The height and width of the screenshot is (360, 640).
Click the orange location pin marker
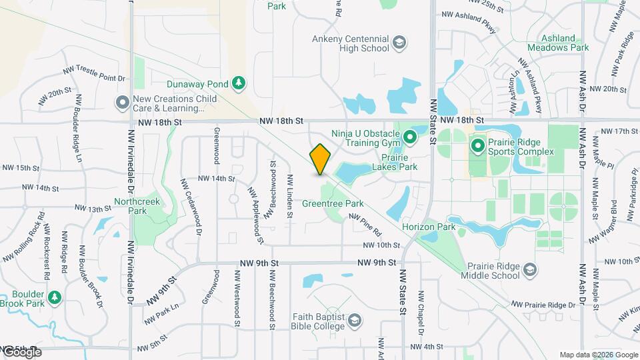pyautogui.click(x=320, y=160)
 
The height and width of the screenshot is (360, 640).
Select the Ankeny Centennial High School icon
pyautogui.click(x=399, y=43)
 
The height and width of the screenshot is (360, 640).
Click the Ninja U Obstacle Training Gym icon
pyautogui.click(x=410, y=139)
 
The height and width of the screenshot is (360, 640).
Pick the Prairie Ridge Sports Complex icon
pyautogui.click(x=477, y=145)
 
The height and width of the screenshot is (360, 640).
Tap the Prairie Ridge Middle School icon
pyautogui.click(x=530, y=269)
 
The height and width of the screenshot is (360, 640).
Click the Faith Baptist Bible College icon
pyautogui.click(x=354, y=321)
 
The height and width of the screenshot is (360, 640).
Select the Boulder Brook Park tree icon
pyautogui.click(x=55, y=297)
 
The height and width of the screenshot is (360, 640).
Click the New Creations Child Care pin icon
pyautogui.click(x=122, y=103)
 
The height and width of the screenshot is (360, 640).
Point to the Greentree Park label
pyautogui.click(x=331, y=203)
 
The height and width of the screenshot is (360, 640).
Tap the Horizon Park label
pyautogui.click(x=428, y=227)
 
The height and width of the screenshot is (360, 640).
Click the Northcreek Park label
pyautogui.click(x=130, y=205)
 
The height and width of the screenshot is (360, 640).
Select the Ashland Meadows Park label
pyautogui.click(x=558, y=43)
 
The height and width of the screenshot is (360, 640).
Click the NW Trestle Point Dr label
pyautogui.click(x=93, y=73)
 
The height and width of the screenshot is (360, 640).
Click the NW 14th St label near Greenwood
pyautogui.click(x=216, y=179)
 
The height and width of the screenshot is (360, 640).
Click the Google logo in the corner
pyautogui.click(x=21, y=351)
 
